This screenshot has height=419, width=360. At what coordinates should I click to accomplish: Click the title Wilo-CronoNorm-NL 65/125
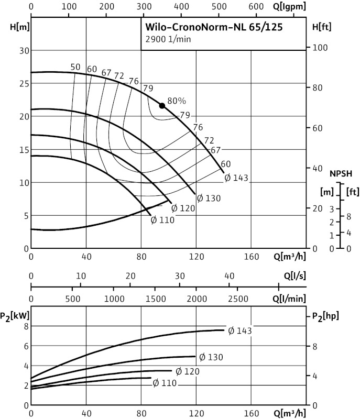click(x=214, y=28)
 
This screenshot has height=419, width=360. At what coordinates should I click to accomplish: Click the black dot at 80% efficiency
click(x=162, y=106)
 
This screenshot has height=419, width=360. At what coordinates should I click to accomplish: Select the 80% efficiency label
click(x=177, y=101)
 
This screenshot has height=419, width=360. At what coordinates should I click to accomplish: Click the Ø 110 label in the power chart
click(x=165, y=383)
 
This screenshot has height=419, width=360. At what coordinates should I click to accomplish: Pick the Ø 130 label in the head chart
click(x=209, y=199)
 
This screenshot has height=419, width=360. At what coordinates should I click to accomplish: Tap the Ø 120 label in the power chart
click(x=188, y=371)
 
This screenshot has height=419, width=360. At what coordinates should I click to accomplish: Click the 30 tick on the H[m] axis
click(x=22, y=50)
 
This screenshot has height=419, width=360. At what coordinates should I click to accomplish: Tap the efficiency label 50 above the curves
click(x=75, y=67)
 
